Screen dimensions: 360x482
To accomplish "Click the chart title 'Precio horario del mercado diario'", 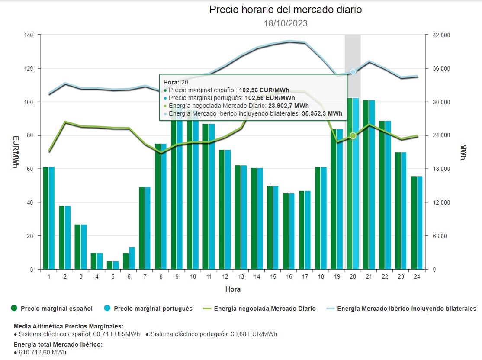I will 286,10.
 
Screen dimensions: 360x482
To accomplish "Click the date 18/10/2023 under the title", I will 286,23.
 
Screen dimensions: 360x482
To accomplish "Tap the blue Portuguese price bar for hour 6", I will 132,258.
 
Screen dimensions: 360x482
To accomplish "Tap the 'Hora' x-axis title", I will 233,289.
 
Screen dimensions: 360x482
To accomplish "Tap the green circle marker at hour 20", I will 353,136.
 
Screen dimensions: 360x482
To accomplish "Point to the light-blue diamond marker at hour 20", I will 353,72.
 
